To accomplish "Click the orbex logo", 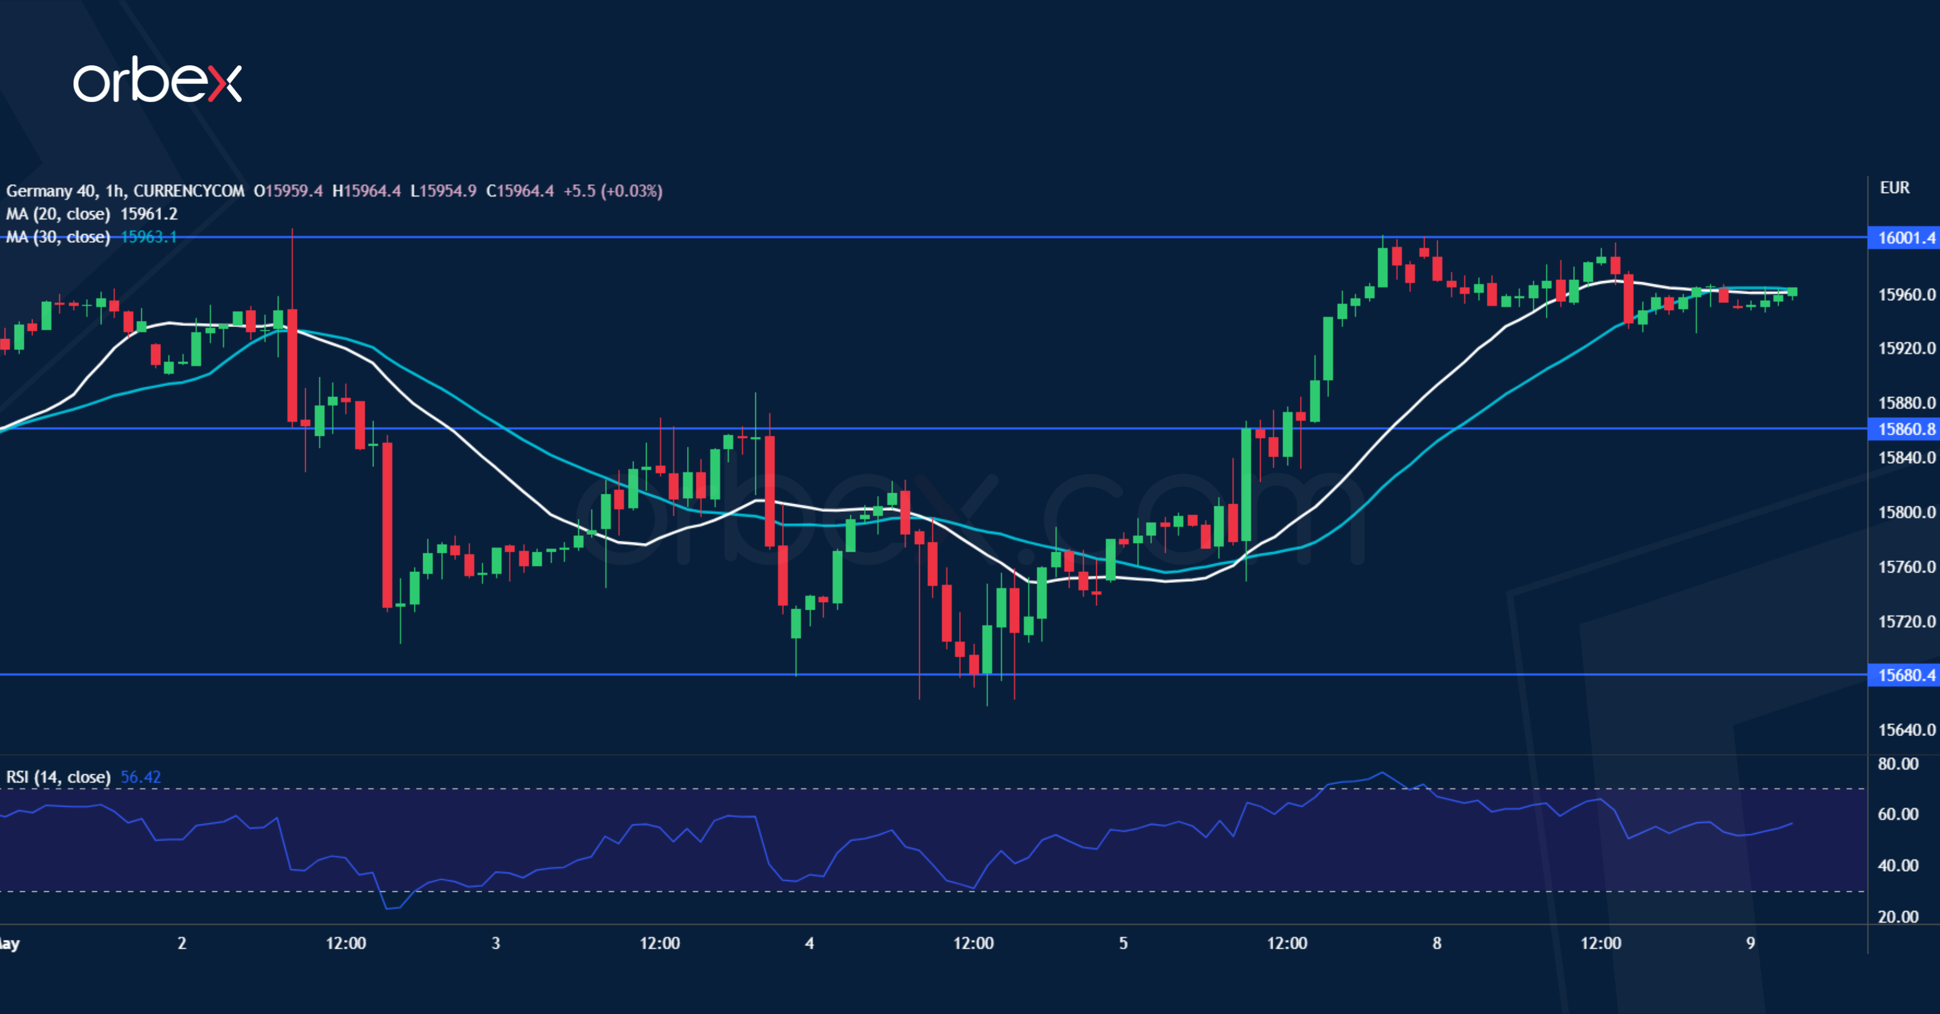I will pos(157,80).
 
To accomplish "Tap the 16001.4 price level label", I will pos(1905,238).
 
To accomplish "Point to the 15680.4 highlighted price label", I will pos(1905,675).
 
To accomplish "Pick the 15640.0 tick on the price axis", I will pos(1906,730).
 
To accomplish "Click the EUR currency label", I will pos(1894,187).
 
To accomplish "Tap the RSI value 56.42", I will pos(141,777).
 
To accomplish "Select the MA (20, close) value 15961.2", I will pos(149,214).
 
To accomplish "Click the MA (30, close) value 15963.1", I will pos(149,237).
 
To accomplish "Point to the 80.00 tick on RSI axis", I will pos(1898,764).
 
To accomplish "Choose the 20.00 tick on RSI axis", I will pos(1898,917).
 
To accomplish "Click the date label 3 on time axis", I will pos(496,943).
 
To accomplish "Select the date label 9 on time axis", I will pos(1750,943).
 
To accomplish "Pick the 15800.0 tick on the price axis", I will pos(1906,512).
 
